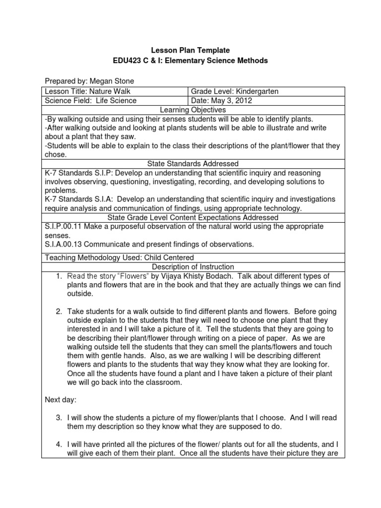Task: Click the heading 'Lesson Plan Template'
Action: tap(190, 50)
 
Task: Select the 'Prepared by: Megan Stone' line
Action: tap(89, 81)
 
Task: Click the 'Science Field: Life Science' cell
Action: tap(90, 100)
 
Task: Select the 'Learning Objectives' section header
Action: tap(190, 109)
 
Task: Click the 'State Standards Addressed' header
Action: tap(190, 163)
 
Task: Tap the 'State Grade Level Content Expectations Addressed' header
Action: tap(190, 217)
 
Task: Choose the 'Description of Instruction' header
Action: tap(190, 267)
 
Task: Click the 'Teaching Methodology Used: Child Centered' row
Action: tap(119, 257)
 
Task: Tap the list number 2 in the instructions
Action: tap(59, 312)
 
